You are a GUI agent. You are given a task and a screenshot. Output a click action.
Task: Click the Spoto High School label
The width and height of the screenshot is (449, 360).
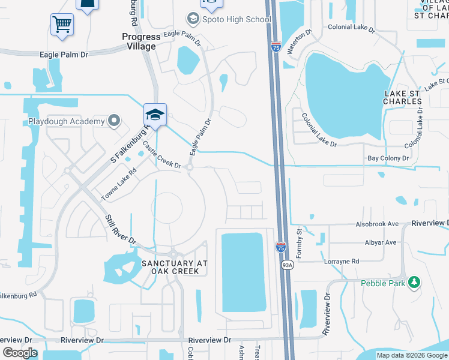click(238, 19)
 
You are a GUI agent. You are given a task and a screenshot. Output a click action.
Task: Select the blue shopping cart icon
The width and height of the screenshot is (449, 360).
click(62, 25)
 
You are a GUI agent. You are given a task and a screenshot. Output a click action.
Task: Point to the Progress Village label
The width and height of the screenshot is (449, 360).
click(139, 41)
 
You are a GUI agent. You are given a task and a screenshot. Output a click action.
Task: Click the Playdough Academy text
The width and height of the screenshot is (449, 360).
click(67, 122)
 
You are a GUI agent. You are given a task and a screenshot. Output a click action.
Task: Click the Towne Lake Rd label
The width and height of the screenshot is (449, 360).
click(118, 184)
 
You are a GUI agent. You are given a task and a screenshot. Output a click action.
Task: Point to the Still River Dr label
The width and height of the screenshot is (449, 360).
click(121, 229)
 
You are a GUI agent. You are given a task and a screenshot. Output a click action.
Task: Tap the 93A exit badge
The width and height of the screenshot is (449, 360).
click(287, 264)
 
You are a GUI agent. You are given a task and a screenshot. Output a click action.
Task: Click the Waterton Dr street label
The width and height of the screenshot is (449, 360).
click(300, 42)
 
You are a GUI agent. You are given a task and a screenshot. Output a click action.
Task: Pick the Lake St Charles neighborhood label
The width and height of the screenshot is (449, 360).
click(403, 97)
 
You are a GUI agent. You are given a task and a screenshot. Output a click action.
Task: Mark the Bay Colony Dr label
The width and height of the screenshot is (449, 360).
click(388, 158)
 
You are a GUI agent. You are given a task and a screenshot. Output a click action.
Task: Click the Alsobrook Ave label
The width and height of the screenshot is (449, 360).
click(377, 224)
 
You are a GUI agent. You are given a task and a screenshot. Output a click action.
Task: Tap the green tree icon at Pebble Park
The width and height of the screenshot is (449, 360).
click(413, 282)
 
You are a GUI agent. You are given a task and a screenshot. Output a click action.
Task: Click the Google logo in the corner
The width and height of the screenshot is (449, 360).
click(20, 353)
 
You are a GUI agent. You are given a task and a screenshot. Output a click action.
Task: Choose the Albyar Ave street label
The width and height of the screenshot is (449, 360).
click(381, 242)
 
